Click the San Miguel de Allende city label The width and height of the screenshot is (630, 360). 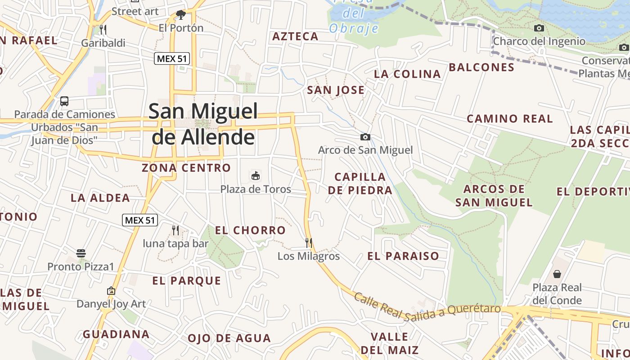[x=203, y=124]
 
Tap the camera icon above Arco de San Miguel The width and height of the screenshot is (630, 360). [x=365, y=137]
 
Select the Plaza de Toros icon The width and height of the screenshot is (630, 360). [x=256, y=175]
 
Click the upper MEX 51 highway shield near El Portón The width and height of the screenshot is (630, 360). [x=172, y=58]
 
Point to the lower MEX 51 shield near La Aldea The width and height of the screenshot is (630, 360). [x=140, y=220]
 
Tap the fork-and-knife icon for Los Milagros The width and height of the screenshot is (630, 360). [x=309, y=243]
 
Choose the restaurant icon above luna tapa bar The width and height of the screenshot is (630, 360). [x=175, y=230]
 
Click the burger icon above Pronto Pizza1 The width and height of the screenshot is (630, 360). [x=81, y=253]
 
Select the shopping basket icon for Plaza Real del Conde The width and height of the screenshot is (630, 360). [x=557, y=274]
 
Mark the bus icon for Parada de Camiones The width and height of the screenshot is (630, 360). [x=64, y=101]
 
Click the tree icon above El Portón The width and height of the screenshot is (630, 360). [x=181, y=15]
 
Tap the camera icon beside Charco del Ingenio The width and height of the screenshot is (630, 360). [x=539, y=28]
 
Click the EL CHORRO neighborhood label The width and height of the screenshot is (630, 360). [x=250, y=230]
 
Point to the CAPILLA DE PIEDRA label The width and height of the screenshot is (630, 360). [x=360, y=183]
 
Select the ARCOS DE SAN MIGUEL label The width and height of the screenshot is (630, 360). [x=494, y=195]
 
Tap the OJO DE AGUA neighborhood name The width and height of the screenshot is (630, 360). [x=229, y=338]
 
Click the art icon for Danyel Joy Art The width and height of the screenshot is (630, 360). [x=111, y=291]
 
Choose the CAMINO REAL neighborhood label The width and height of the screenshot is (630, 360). [x=509, y=119]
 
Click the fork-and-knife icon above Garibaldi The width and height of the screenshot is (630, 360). [x=103, y=30]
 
